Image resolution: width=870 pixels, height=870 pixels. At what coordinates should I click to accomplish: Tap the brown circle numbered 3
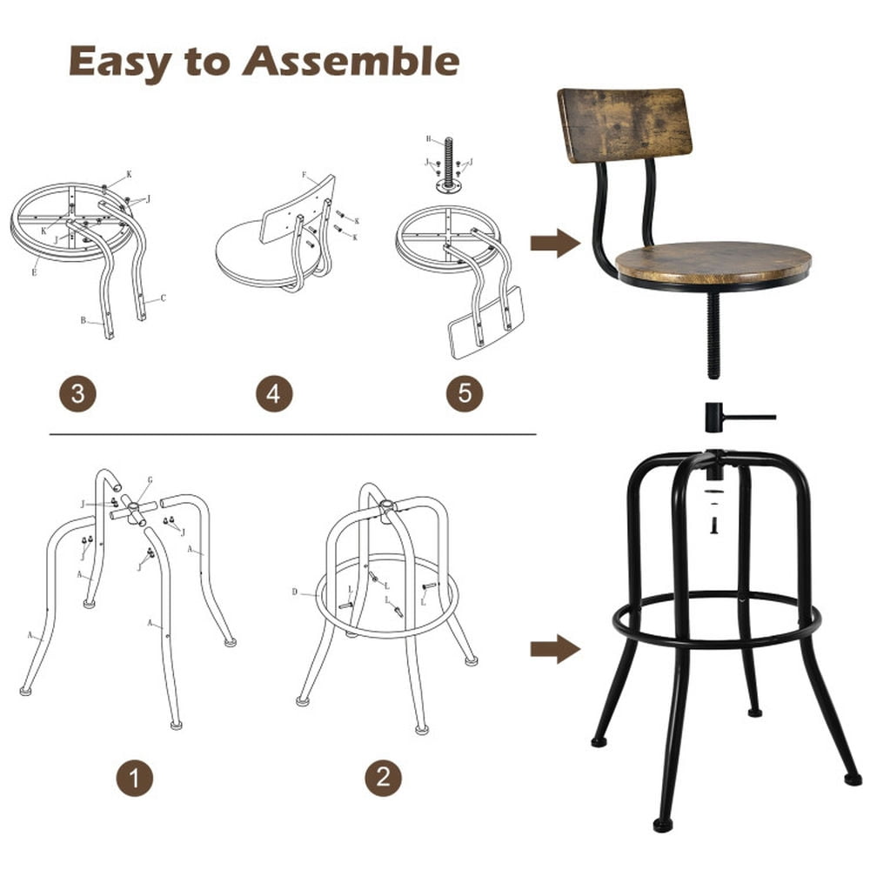point(77,394)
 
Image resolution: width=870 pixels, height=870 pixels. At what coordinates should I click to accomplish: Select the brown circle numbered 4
point(273,394)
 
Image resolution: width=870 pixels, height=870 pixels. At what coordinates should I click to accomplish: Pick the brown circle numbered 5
point(464,394)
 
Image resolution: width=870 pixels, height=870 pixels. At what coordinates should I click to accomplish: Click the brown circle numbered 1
point(134,777)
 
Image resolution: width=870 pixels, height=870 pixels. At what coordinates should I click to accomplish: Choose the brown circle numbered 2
point(383,777)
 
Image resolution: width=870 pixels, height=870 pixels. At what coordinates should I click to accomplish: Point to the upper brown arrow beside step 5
point(555,243)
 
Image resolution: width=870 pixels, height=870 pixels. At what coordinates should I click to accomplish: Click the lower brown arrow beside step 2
point(555,649)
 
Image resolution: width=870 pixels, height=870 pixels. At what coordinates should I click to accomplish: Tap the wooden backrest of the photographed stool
point(625,124)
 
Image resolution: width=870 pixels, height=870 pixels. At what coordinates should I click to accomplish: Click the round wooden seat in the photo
point(713,262)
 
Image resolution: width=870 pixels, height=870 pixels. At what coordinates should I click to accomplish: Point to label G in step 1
point(149,478)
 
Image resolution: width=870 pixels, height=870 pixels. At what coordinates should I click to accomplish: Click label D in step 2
point(295,592)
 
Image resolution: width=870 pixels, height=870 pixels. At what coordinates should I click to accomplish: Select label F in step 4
point(304,175)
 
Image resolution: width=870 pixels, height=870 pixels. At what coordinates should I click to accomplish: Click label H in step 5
point(429,139)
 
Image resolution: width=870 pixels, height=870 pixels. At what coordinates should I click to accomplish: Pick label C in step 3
point(162,298)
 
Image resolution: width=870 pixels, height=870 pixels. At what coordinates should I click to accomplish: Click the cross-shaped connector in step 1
point(133,510)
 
